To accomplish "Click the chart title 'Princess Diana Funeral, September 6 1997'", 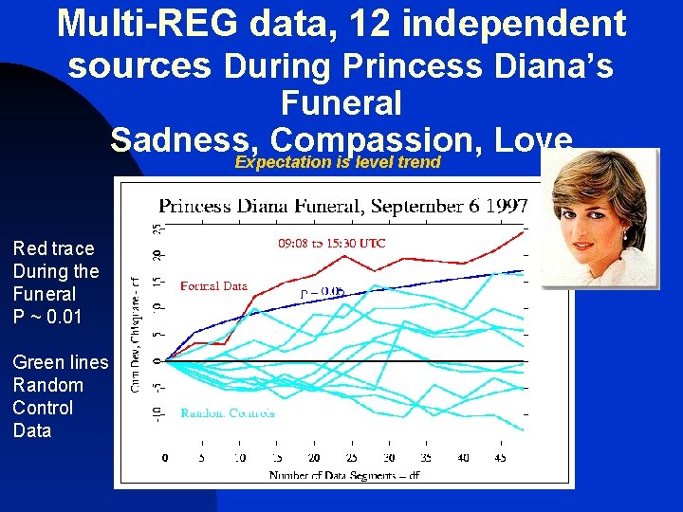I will [x=342, y=206].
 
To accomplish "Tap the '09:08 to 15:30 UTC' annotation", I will [x=331, y=244].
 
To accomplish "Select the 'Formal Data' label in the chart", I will [x=213, y=285].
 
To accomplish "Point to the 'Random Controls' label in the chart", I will [x=228, y=412].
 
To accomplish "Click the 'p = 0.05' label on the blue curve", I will [x=322, y=294].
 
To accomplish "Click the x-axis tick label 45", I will [x=500, y=458].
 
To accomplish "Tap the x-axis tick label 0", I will [x=166, y=458].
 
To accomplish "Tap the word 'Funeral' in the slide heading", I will [x=341, y=102].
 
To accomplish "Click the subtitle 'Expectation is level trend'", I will [x=338, y=162].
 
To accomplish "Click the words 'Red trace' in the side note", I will [x=53, y=248].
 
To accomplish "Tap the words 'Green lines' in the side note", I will [x=61, y=362].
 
